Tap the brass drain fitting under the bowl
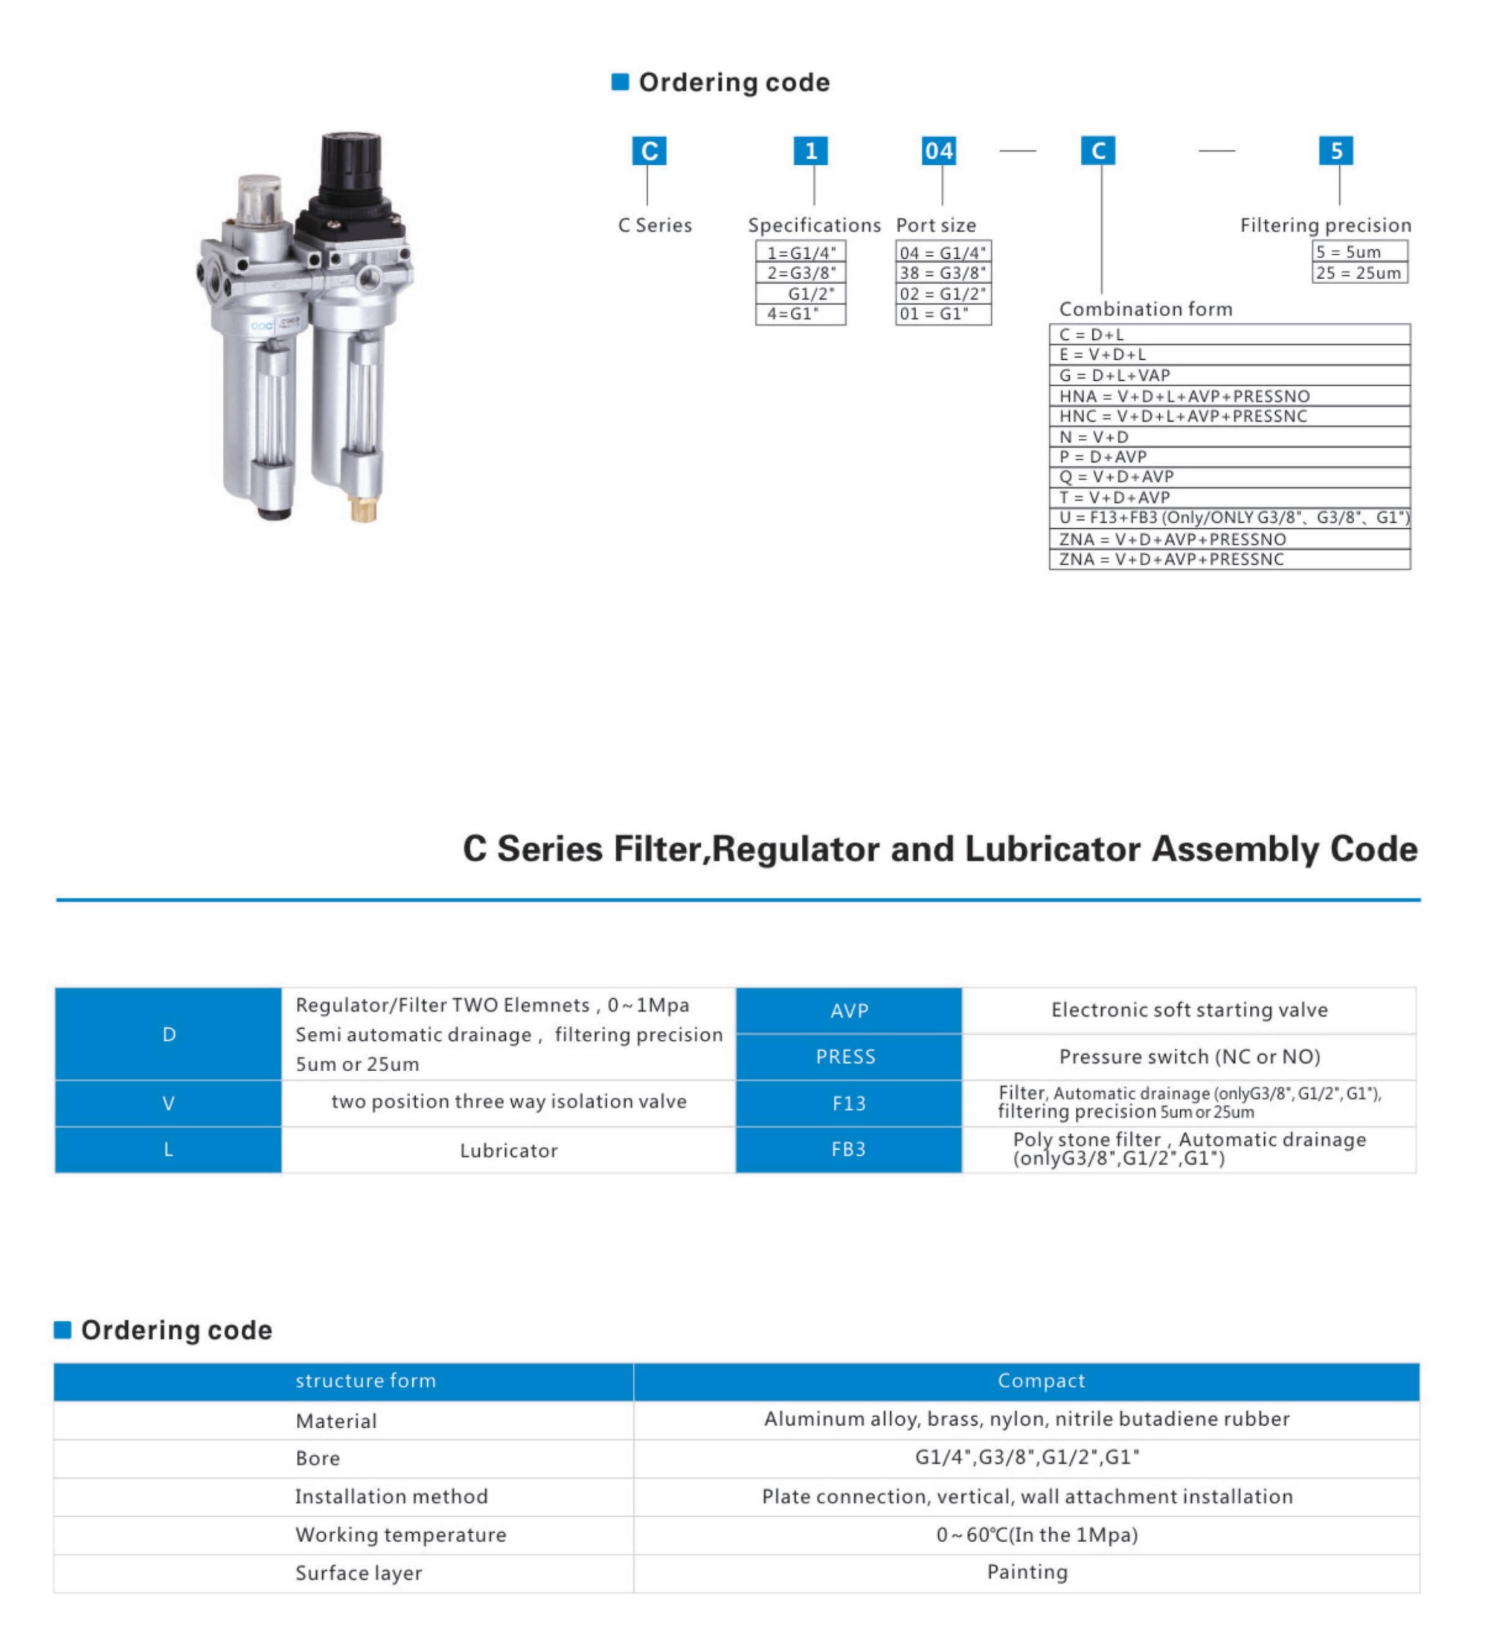(363, 509)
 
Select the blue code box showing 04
(938, 151)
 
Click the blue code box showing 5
(1335, 151)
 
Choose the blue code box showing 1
(811, 151)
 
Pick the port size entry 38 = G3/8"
(943, 273)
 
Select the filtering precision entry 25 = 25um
(1359, 273)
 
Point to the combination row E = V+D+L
(1228, 355)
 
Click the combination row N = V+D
(1228, 437)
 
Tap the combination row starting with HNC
(1228, 416)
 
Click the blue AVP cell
(849, 1011)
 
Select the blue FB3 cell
(849, 1150)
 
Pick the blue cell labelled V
(168, 1104)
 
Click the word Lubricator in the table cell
(508, 1151)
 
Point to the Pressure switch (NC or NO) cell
(1189, 1057)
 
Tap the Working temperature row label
(401, 1535)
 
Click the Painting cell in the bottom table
(1027, 1572)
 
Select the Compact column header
(1041, 1381)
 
